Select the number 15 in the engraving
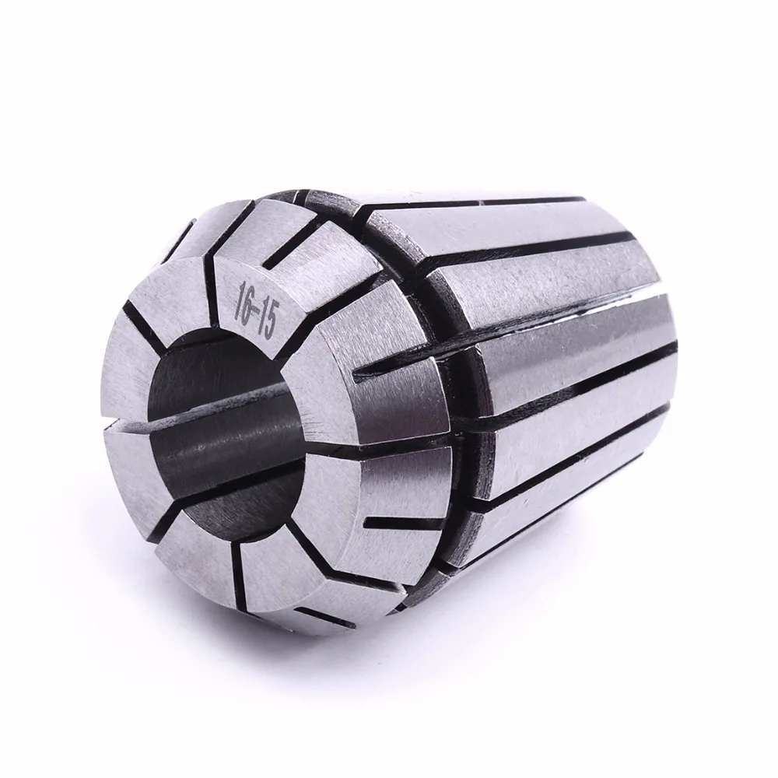(266, 324)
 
